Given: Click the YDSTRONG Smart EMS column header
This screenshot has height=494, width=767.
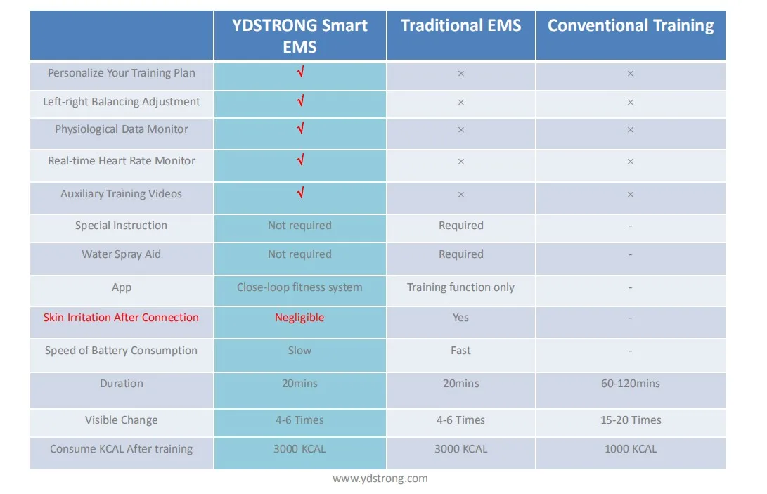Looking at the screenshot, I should pos(299,36).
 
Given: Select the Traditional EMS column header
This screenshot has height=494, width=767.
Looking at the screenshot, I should pos(460,26).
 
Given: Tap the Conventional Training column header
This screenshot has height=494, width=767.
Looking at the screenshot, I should pos(631,26).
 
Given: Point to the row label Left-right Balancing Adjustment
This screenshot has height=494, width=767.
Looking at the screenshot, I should pos(122,102).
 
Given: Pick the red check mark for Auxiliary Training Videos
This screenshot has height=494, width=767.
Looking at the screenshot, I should pos(300,193).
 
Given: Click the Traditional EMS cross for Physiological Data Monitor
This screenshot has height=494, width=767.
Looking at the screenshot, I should pos(460,130).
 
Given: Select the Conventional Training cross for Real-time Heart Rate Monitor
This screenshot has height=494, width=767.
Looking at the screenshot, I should pos(631,162).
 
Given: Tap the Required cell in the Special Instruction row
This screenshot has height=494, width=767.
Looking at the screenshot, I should pos(460,226).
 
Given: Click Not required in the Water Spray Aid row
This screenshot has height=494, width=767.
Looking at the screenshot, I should pos(299,254).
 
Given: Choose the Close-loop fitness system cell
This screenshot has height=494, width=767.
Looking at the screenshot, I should pos(299,287).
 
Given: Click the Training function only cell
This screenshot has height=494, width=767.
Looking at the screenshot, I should pos(460,287).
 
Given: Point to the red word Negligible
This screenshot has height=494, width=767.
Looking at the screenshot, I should pos(299,318).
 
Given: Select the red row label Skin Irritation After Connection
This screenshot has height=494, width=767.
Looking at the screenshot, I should pos(121,318).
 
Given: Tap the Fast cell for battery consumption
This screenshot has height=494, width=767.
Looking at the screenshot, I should pos(460,351).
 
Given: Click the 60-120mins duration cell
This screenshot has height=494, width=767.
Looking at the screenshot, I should pos(631,384).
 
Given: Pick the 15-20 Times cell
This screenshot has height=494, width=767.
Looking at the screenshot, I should pos(631,420).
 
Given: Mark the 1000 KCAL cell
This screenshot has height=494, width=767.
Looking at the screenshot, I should pos(631,449).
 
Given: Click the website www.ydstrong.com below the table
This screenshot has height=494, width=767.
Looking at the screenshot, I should pos(380,479).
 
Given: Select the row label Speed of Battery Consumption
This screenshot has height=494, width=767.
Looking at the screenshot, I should pos(121,351).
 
